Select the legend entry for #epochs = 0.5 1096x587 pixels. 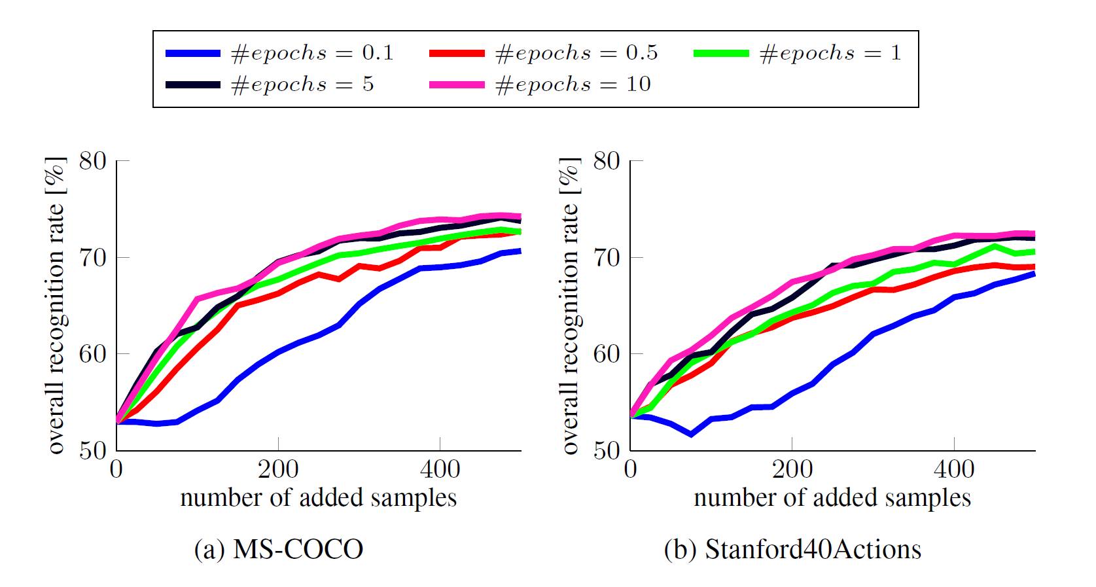pyautogui.click(x=544, y=53)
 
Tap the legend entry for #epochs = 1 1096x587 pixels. pyautogui.click(x=798, y=53)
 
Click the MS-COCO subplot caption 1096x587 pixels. pyautogui.click(x=279, y=549)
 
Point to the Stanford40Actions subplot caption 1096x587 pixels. pyautogui.click(x=792, y=549)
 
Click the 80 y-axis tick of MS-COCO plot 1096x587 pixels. pyautogui.click(x=93, y=161)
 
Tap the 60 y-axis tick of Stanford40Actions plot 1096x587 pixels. pyautogui.click(x=607, y=354)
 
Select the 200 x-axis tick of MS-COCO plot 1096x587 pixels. pyautogui.click(x=278, y=469)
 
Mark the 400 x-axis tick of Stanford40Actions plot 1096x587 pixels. pyautogui.click(x=954, y=469)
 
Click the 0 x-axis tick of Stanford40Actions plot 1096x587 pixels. pyautogui.click(x=631, y=469)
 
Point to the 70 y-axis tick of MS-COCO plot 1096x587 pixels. pyautogui.click(x=93, y=257)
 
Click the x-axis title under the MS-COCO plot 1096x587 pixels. pyautogui.click(x=318, y=498)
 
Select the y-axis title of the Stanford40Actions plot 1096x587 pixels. pyautogui.click(x=571, y=306)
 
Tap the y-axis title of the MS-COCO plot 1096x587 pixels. pyautogui.click(x=57, y=306)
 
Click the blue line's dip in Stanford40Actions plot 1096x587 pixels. pyautogui.click(x=691, y=434)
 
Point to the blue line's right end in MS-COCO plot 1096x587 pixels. pyautogui.click(x=520, y=251)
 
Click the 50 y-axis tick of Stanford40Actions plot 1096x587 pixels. pyautogui.click(x=607, y=450)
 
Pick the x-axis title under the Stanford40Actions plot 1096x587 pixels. pyautogui.click(x=832, y=498)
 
